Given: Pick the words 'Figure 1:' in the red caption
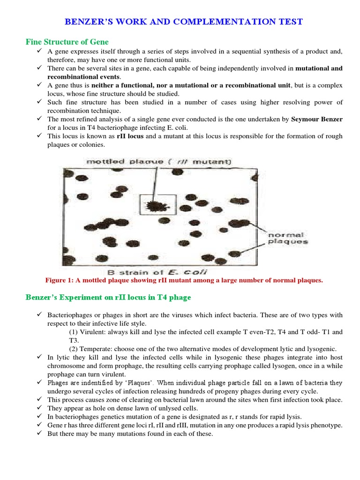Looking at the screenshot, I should [x=60, y=280].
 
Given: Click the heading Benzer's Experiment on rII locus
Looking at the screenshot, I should [x=108, y=297].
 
